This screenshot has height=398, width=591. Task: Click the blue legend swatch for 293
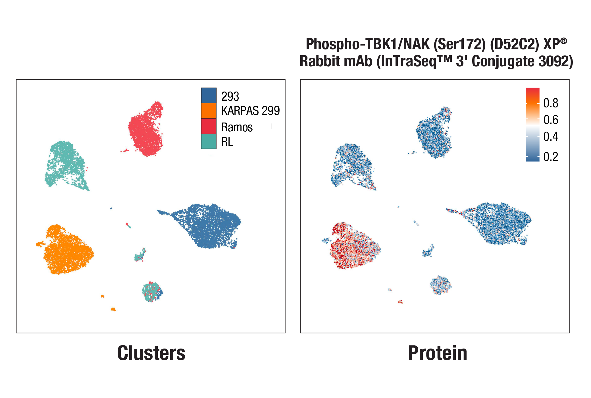pyautogui.click(x=209, y=95)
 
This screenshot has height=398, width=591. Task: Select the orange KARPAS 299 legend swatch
pyautogui.click(x=209, y=111)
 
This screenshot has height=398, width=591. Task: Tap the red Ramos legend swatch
pyautogui.click(x=209, y=126)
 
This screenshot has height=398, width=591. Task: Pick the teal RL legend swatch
pyautogui.click(x=209, y=141)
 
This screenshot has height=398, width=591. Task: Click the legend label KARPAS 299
pyautogui.click(x=250, y=111)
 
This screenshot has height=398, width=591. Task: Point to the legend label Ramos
pyautogui.click(x=237, y=127)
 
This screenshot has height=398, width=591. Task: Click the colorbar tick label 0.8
pyautogui.click(x=550, y=103)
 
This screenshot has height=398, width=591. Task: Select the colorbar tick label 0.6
pyautogui.click(x=550, y=120)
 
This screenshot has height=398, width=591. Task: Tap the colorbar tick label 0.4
pyautogui.click(x=550, y=136)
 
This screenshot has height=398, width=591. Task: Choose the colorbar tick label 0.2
pyautogui.click(x=550, y=157)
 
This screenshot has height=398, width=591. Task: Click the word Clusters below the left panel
pyautogui.click(x=151, y=353)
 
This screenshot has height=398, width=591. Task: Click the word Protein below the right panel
pyautogui.click(x=437, y=353)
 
